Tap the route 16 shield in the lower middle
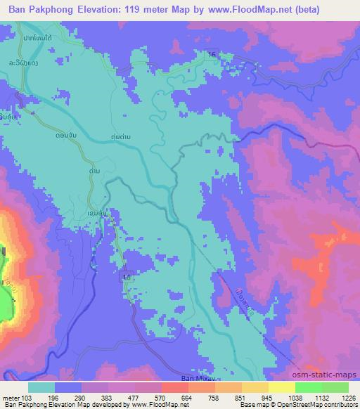point(126,278)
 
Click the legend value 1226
point(340,397)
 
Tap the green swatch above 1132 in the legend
point(308,387)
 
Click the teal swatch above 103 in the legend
point(41,387)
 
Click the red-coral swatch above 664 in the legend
point(174,387)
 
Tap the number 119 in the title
point(138,10)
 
